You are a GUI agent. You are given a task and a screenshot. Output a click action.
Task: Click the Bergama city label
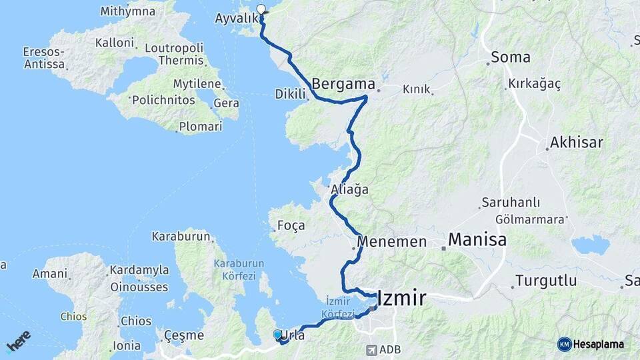click(343, 85)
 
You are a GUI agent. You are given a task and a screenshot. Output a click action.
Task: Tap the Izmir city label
click(401, 298)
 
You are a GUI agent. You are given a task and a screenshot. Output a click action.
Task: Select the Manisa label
click(477, 239)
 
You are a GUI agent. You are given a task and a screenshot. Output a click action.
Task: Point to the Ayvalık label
click(236, 18)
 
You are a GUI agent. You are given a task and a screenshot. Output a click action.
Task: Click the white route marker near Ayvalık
click(261, 9)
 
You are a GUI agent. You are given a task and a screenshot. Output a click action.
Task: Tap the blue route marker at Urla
click(277, 335)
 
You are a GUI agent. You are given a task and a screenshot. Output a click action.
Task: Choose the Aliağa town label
click(349, 190)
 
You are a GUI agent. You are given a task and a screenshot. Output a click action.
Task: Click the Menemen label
click(391, 241)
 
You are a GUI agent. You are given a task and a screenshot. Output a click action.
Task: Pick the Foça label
click(291, 226)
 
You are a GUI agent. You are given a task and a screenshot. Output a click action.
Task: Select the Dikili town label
click(290, 95)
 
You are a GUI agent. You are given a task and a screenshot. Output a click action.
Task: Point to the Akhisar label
click(577, 143)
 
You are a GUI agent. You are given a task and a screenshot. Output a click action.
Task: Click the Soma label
click(511, 57)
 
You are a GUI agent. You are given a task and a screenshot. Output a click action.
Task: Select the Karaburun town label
click(181, 236)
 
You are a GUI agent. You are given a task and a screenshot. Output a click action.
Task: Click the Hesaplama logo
click(591, 344)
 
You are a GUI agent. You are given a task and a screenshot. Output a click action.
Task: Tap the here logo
click(18, 341)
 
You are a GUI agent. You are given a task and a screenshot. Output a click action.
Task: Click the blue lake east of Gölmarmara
click(591, 245)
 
